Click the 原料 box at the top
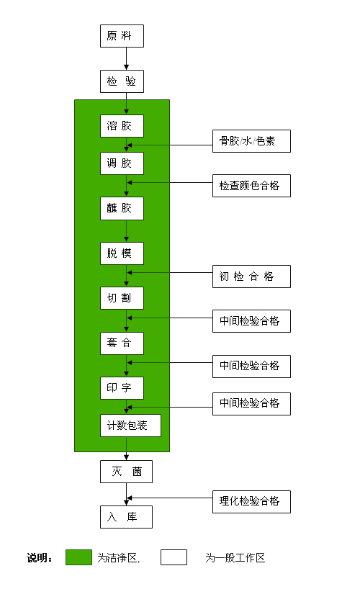coord(122,36)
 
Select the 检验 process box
coord(122,81)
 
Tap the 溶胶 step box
coord(122,126)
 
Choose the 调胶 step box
coord(122,163)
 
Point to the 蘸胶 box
coord(122,208)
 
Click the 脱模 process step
coord(122,253)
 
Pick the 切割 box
coord(122,298)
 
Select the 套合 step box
coord(122,343)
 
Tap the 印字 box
coord(122,388)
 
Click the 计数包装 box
coord(130,426)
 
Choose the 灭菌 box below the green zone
coord(126,472)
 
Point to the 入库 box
coord(126,517)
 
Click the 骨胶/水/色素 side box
coord(251,141)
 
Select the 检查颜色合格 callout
coord(251,186)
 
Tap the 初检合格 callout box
coord(251,276)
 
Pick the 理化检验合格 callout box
coord(251,502)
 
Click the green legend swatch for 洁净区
coord(79,557)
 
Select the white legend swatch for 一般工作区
coord(174,557)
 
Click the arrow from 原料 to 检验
coord(126,59)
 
